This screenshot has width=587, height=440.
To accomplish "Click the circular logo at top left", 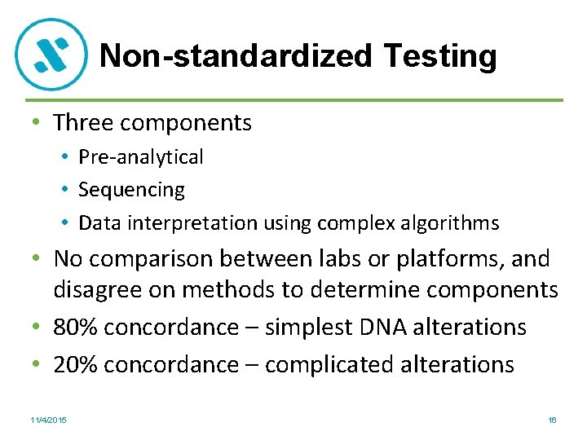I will tap(51, 55).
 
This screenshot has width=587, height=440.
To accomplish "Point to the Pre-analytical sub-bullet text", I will tap(141, 156).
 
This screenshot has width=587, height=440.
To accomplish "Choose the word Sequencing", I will tap(131, 190).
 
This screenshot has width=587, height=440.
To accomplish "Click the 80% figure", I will tap(77, 327).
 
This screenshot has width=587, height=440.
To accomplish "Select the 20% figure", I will tap(77, 363).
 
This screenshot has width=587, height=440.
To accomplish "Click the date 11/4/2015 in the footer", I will tap(49, 420).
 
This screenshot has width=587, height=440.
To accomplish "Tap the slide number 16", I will tap(552, 420).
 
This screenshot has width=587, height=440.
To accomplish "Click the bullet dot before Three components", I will tap(36, 124).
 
